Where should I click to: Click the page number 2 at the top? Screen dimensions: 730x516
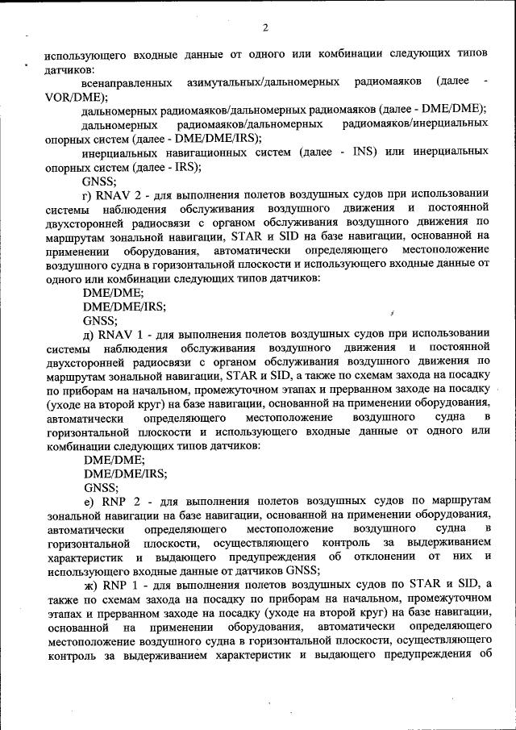[x=264, y=30]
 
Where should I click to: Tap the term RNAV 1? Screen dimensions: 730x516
[x=121, y=334]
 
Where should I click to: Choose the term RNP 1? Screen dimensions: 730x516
[x=120, y=584]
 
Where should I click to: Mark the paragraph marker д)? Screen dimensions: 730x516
[x=89, y=334]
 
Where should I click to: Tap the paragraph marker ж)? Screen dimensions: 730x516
[x=89, y=584]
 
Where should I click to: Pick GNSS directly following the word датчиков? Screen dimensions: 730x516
[x=302, y=570]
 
